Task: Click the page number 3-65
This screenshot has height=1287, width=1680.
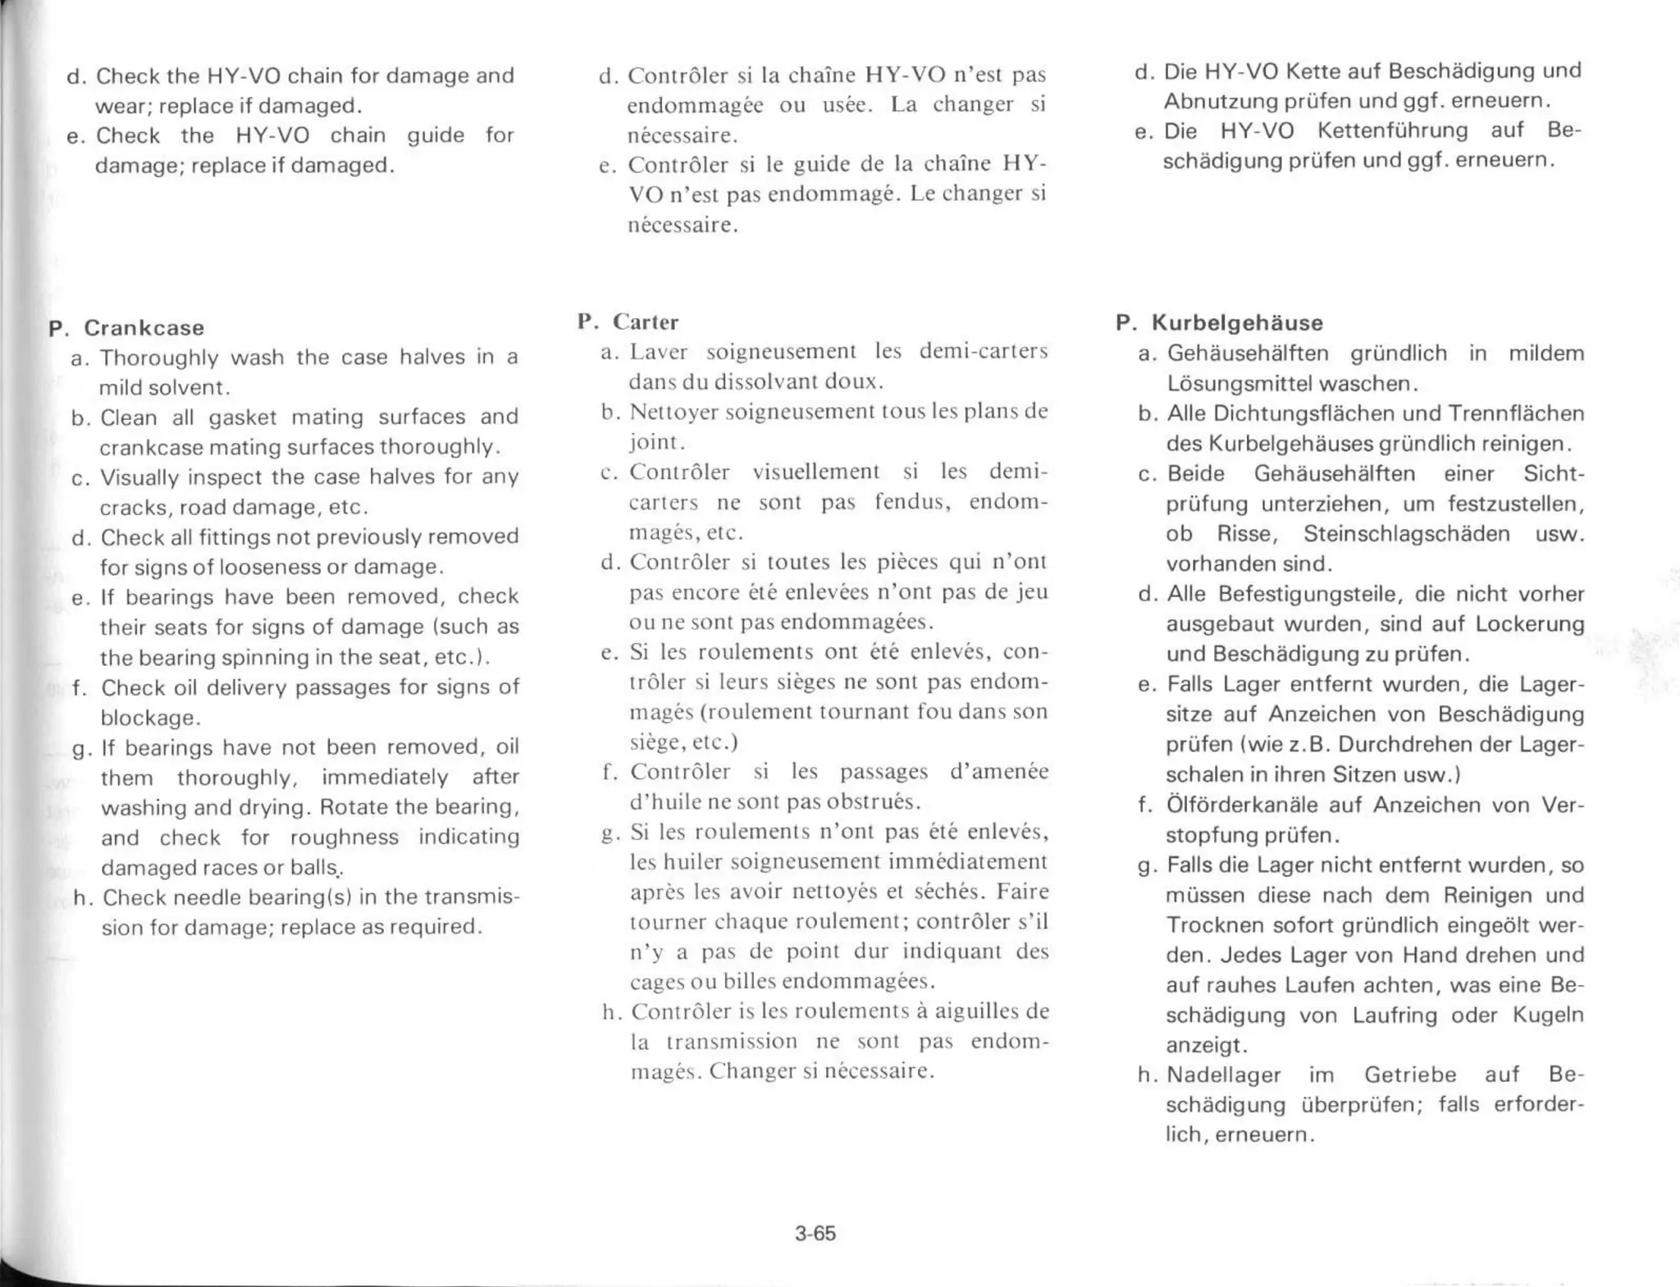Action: click(815, 1233)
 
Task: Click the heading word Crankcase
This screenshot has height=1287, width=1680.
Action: click(144, 327)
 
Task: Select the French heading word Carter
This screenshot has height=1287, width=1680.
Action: click(646, 322)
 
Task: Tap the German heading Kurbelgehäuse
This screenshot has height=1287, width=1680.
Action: click(1237, 322)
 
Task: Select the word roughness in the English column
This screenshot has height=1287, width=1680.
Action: click(345, 837)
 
